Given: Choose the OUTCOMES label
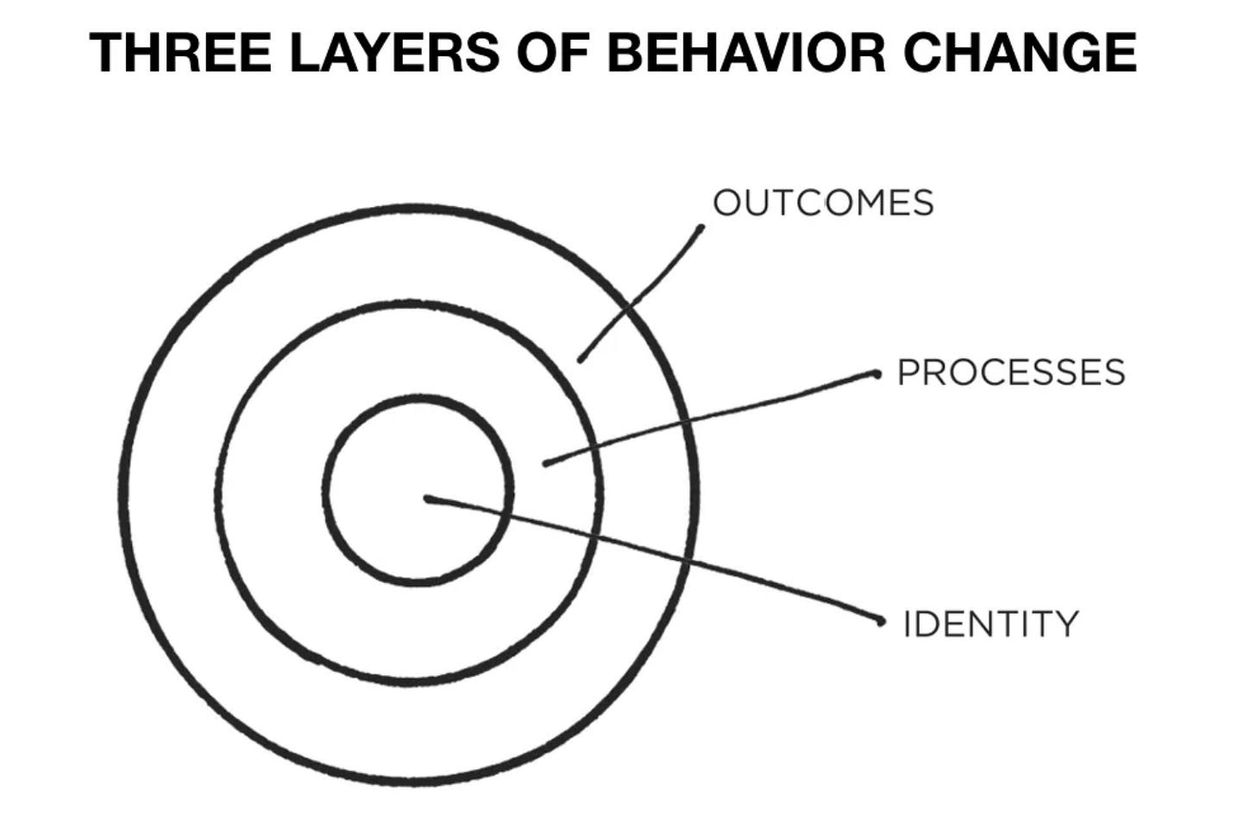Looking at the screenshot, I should point(823,203).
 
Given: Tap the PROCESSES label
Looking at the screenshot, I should point(1011,373).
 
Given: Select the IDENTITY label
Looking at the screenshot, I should point(990,623).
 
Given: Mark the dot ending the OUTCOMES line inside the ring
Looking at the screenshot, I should point(581,359).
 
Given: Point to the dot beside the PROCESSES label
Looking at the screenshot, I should point(876,374).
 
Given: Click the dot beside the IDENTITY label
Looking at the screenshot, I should point(881,621).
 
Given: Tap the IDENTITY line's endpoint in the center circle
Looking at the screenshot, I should point(428,498).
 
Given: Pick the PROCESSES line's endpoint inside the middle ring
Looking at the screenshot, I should point(545,463).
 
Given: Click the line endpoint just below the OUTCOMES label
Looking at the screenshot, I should point(700,229).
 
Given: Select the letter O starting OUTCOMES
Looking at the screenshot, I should point(726,203).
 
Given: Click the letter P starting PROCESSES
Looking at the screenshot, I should point(907,373).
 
